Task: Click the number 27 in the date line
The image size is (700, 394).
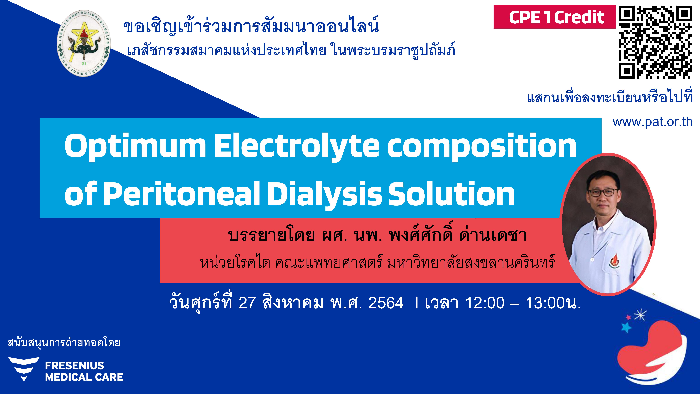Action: pos(247,303)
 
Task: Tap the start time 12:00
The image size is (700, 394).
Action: pos(485,303)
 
